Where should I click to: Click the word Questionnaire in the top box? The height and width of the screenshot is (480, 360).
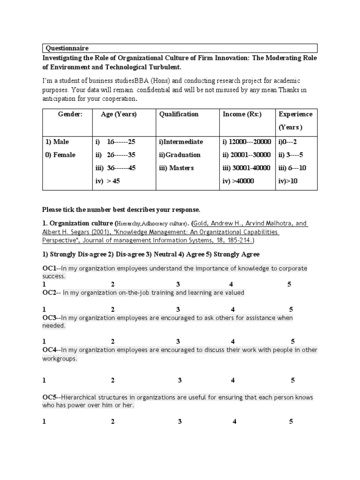67,48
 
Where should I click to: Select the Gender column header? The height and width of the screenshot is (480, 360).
70,114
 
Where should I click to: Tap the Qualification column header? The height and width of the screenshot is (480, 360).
179,114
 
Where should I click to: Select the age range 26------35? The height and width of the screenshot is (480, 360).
121,155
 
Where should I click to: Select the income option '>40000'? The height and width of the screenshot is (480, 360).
239,181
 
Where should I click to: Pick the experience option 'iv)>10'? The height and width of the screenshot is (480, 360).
288,181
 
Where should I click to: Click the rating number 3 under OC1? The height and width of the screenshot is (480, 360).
178,285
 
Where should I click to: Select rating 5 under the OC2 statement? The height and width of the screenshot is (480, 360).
291,309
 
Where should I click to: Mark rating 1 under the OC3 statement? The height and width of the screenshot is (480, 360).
44,341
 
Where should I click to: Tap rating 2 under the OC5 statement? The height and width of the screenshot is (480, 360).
113,421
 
